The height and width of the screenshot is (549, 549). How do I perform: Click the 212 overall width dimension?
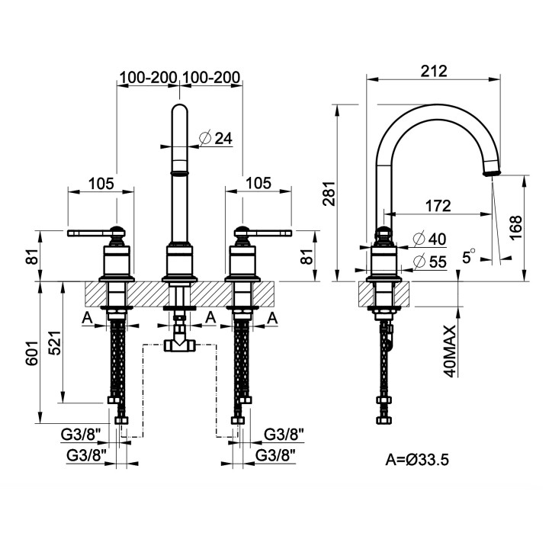click(x=433, y=70)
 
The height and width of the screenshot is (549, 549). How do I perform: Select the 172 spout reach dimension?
click(x=437, y=206)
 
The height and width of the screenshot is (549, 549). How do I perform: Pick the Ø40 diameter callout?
click(x=428, y=239)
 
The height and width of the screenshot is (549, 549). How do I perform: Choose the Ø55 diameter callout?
click(x=428, y=262)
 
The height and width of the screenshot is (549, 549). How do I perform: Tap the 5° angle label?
click(x=470, y=257)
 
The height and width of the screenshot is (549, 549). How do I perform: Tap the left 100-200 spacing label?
click(x=146, y=77)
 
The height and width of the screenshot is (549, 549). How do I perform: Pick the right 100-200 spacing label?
click(x=213, y=77)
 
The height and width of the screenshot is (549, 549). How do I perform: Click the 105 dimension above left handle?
click(x=100, y=183)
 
